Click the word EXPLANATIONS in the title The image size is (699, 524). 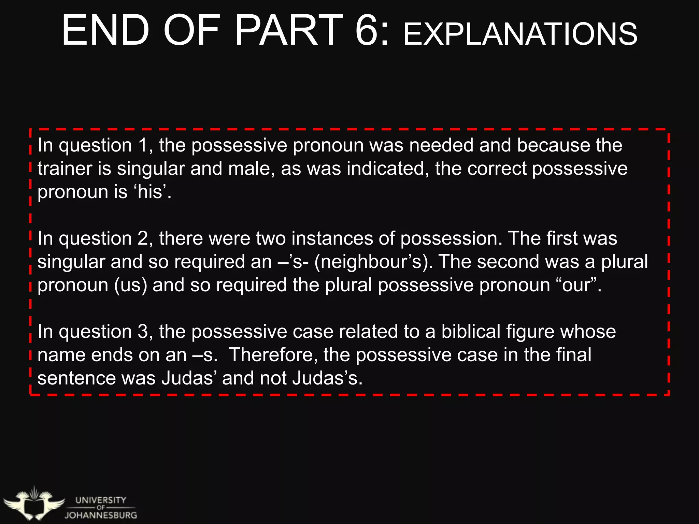click(x=520, y=34)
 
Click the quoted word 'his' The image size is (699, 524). click(x=149, y=192)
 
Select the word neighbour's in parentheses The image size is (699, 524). click(x=373, y=262)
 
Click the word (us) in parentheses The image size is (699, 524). click(x=130, y=286)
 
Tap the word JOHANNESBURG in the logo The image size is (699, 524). click(x=101, y=515)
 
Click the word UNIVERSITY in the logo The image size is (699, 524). click(x=101, y=500)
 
